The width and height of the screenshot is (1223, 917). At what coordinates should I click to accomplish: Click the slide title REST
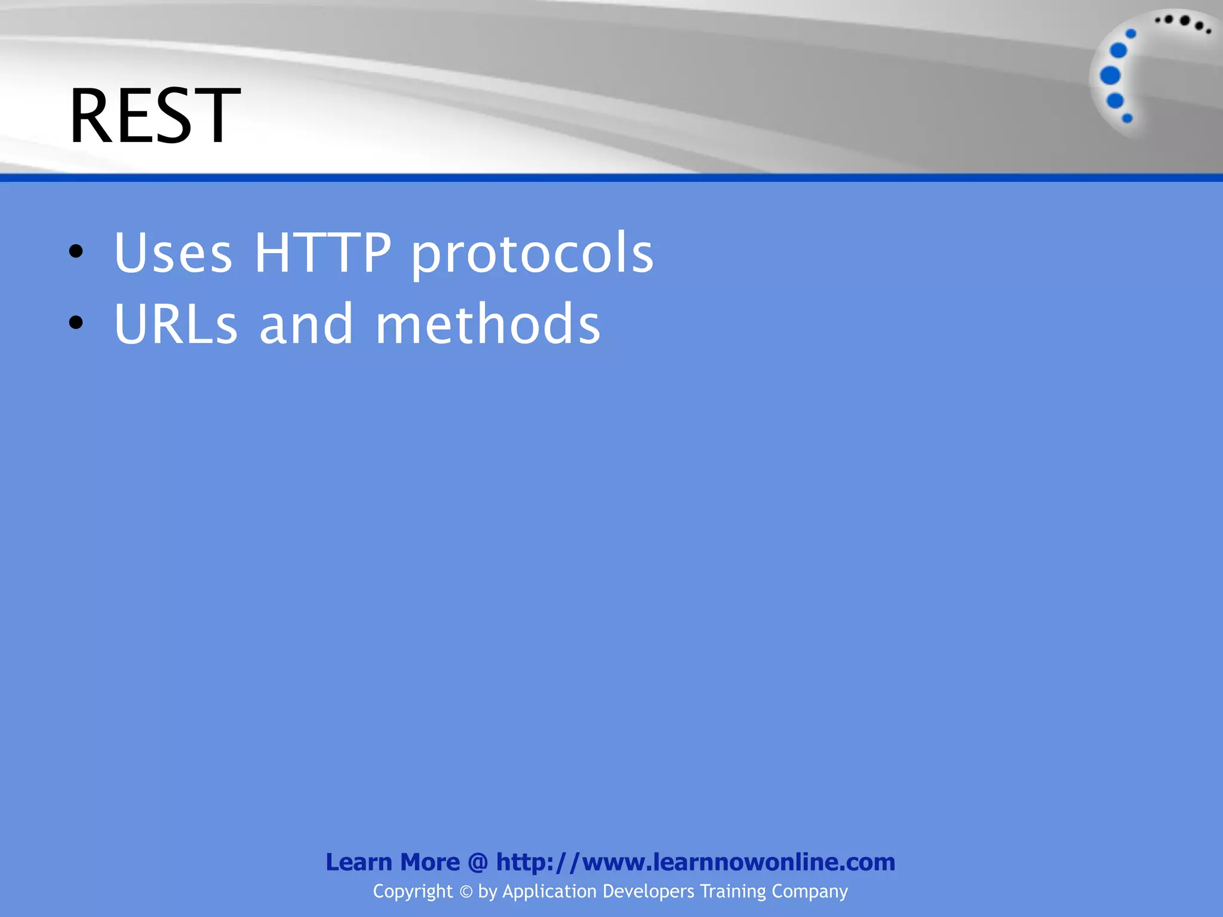pos(154,116)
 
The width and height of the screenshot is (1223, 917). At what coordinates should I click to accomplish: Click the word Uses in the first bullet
pos(173,253)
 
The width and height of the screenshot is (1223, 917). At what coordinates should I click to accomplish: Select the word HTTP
pos(322,253)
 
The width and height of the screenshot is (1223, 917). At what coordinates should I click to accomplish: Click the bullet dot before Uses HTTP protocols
pos(76,251)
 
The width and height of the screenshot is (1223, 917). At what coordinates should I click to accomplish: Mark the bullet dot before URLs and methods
pos(76,323)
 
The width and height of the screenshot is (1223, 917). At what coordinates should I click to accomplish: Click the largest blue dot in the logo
pos(1110,76)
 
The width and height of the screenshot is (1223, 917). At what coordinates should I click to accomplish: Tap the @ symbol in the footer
pos(478,862)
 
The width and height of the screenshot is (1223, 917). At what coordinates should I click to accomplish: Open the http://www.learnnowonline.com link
pos(695,862)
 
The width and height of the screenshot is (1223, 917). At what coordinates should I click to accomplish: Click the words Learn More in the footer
pos(392,862)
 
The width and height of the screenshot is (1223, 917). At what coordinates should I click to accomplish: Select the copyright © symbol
pos(466,892)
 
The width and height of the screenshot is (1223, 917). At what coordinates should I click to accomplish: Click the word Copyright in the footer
pos(413,892)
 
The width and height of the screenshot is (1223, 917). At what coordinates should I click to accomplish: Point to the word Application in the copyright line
pos(549,892)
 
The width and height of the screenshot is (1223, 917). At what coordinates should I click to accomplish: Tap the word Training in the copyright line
pos(733,892)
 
